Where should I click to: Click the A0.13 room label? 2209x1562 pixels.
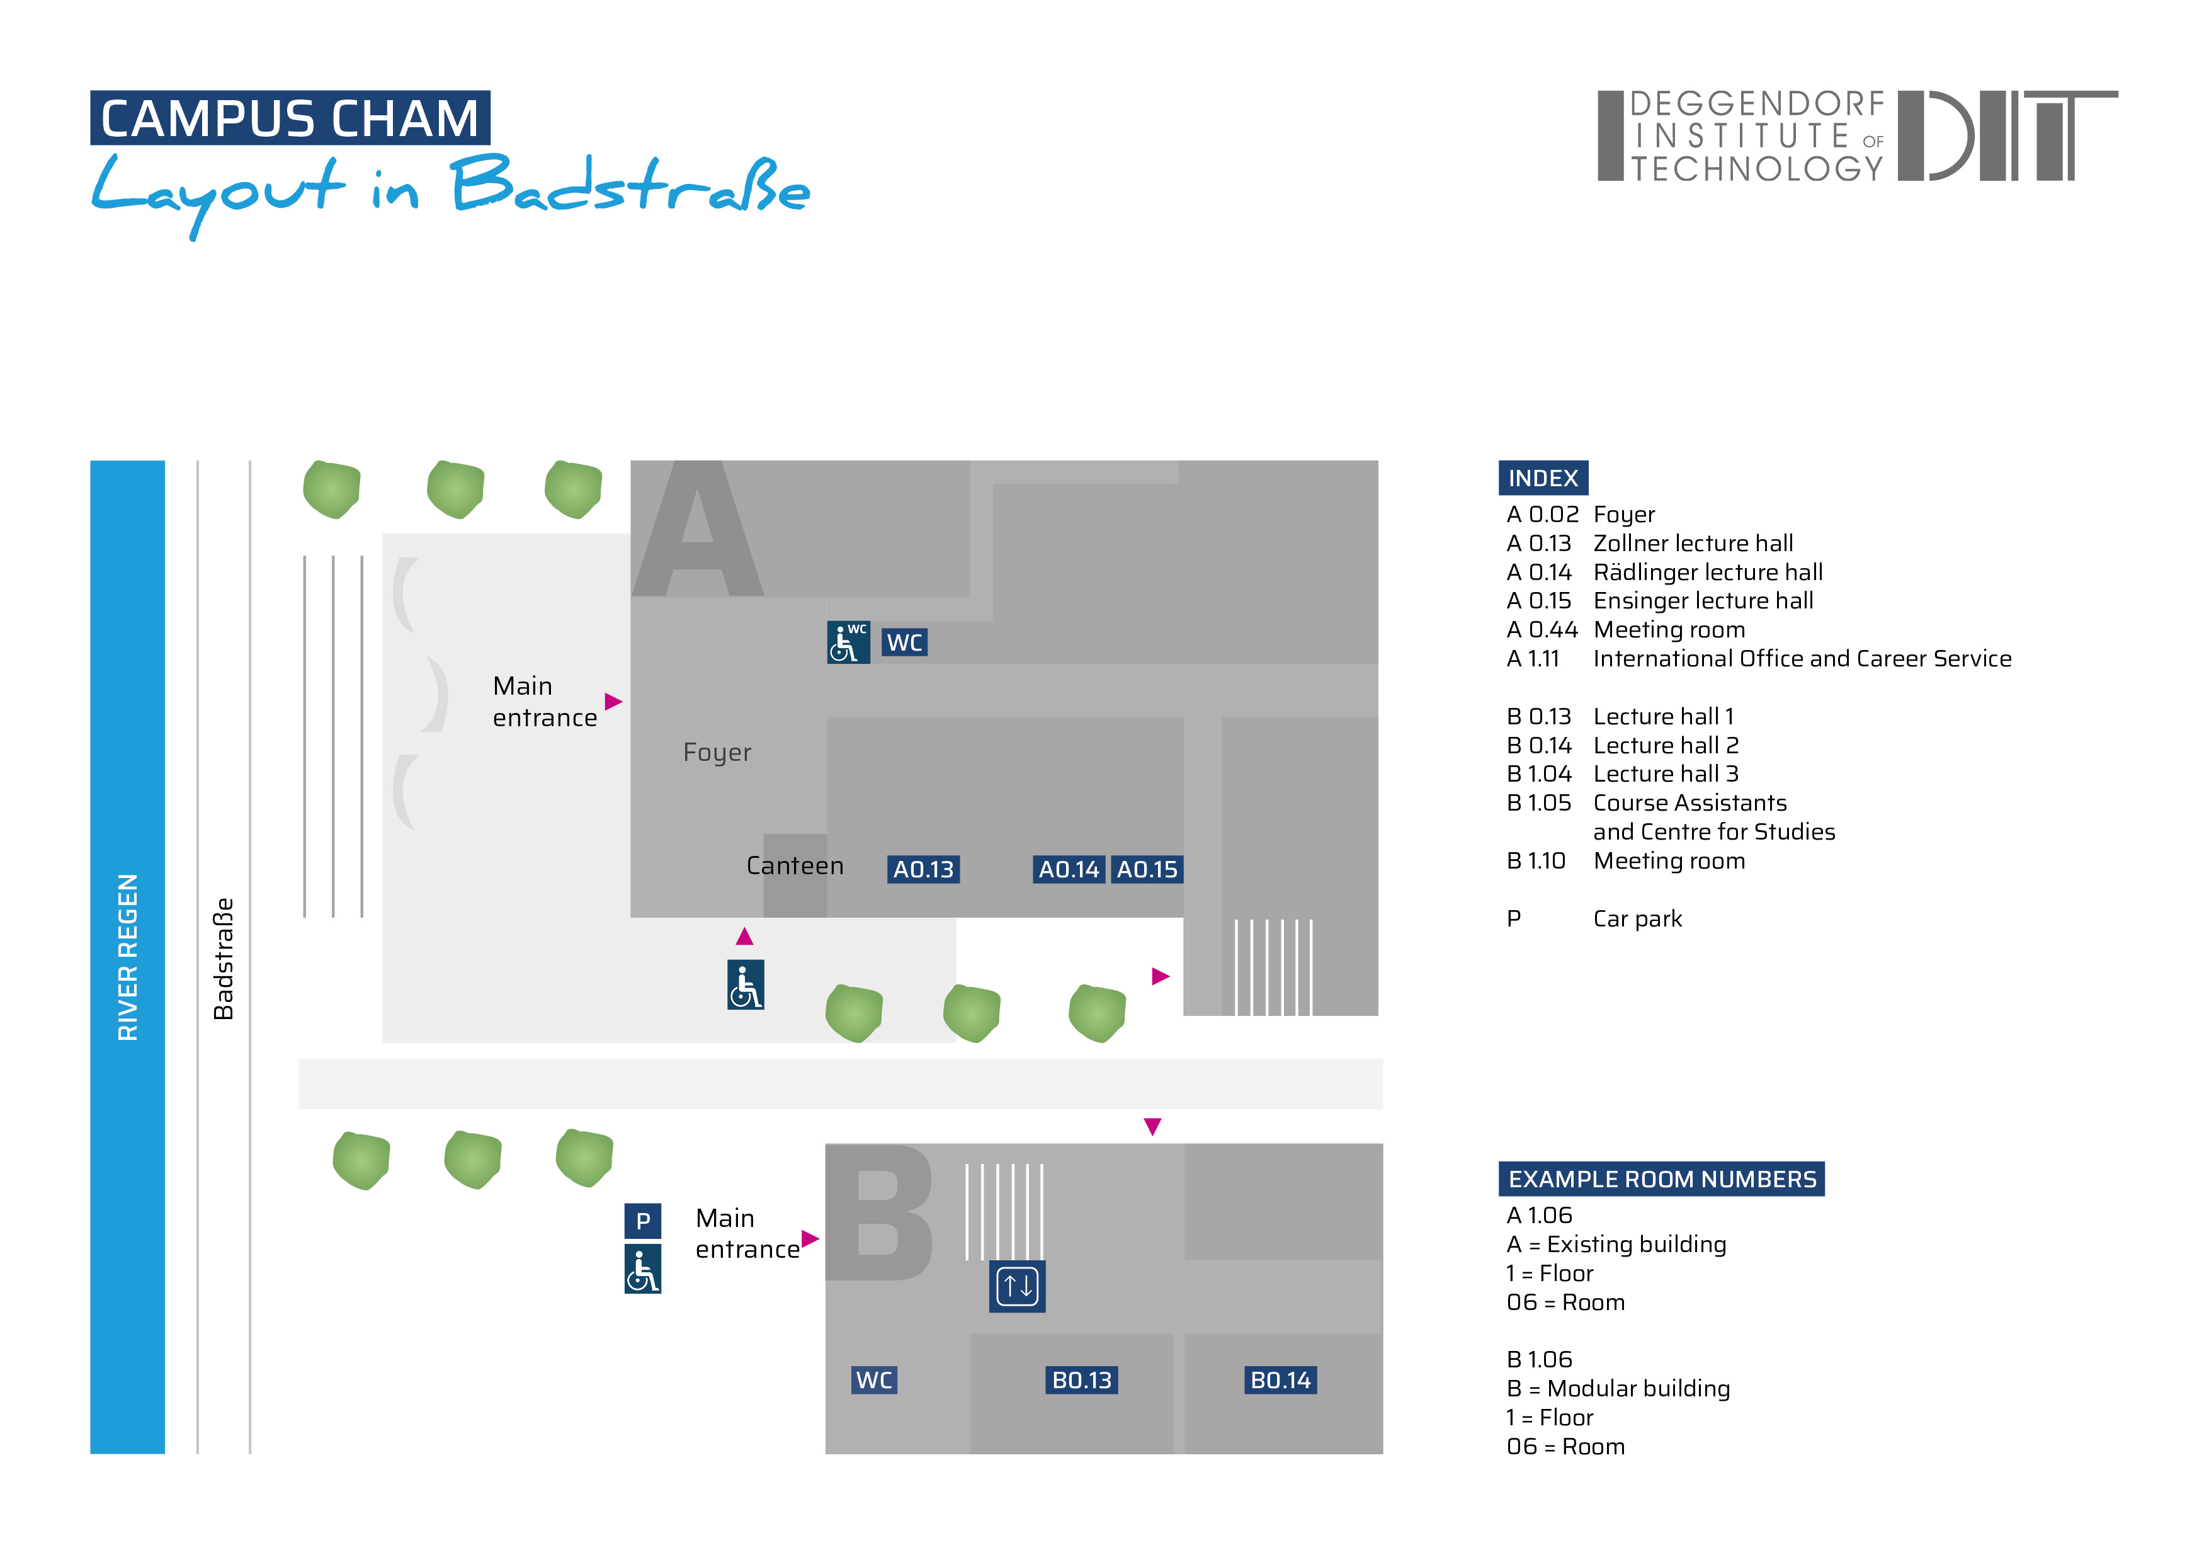923,869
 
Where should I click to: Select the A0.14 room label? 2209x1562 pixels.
1068,869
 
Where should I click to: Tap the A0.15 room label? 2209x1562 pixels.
1146,869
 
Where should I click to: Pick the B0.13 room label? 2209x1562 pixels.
1081,1380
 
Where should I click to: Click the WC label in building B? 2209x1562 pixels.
873,1380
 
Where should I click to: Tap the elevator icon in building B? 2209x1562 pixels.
1017,1286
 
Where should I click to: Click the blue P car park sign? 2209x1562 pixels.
643,1221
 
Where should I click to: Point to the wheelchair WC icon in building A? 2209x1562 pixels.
848,642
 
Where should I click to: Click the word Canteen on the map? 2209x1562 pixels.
795,866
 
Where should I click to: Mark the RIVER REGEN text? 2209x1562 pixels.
127,957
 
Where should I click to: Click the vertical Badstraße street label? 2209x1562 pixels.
223,959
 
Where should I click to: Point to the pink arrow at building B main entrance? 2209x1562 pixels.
810,1239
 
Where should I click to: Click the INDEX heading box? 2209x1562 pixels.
1542,478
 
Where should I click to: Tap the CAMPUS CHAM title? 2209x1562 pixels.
290,118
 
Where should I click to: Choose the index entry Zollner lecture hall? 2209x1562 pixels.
1693,544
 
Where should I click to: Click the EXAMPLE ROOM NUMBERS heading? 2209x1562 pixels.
1662,1179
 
